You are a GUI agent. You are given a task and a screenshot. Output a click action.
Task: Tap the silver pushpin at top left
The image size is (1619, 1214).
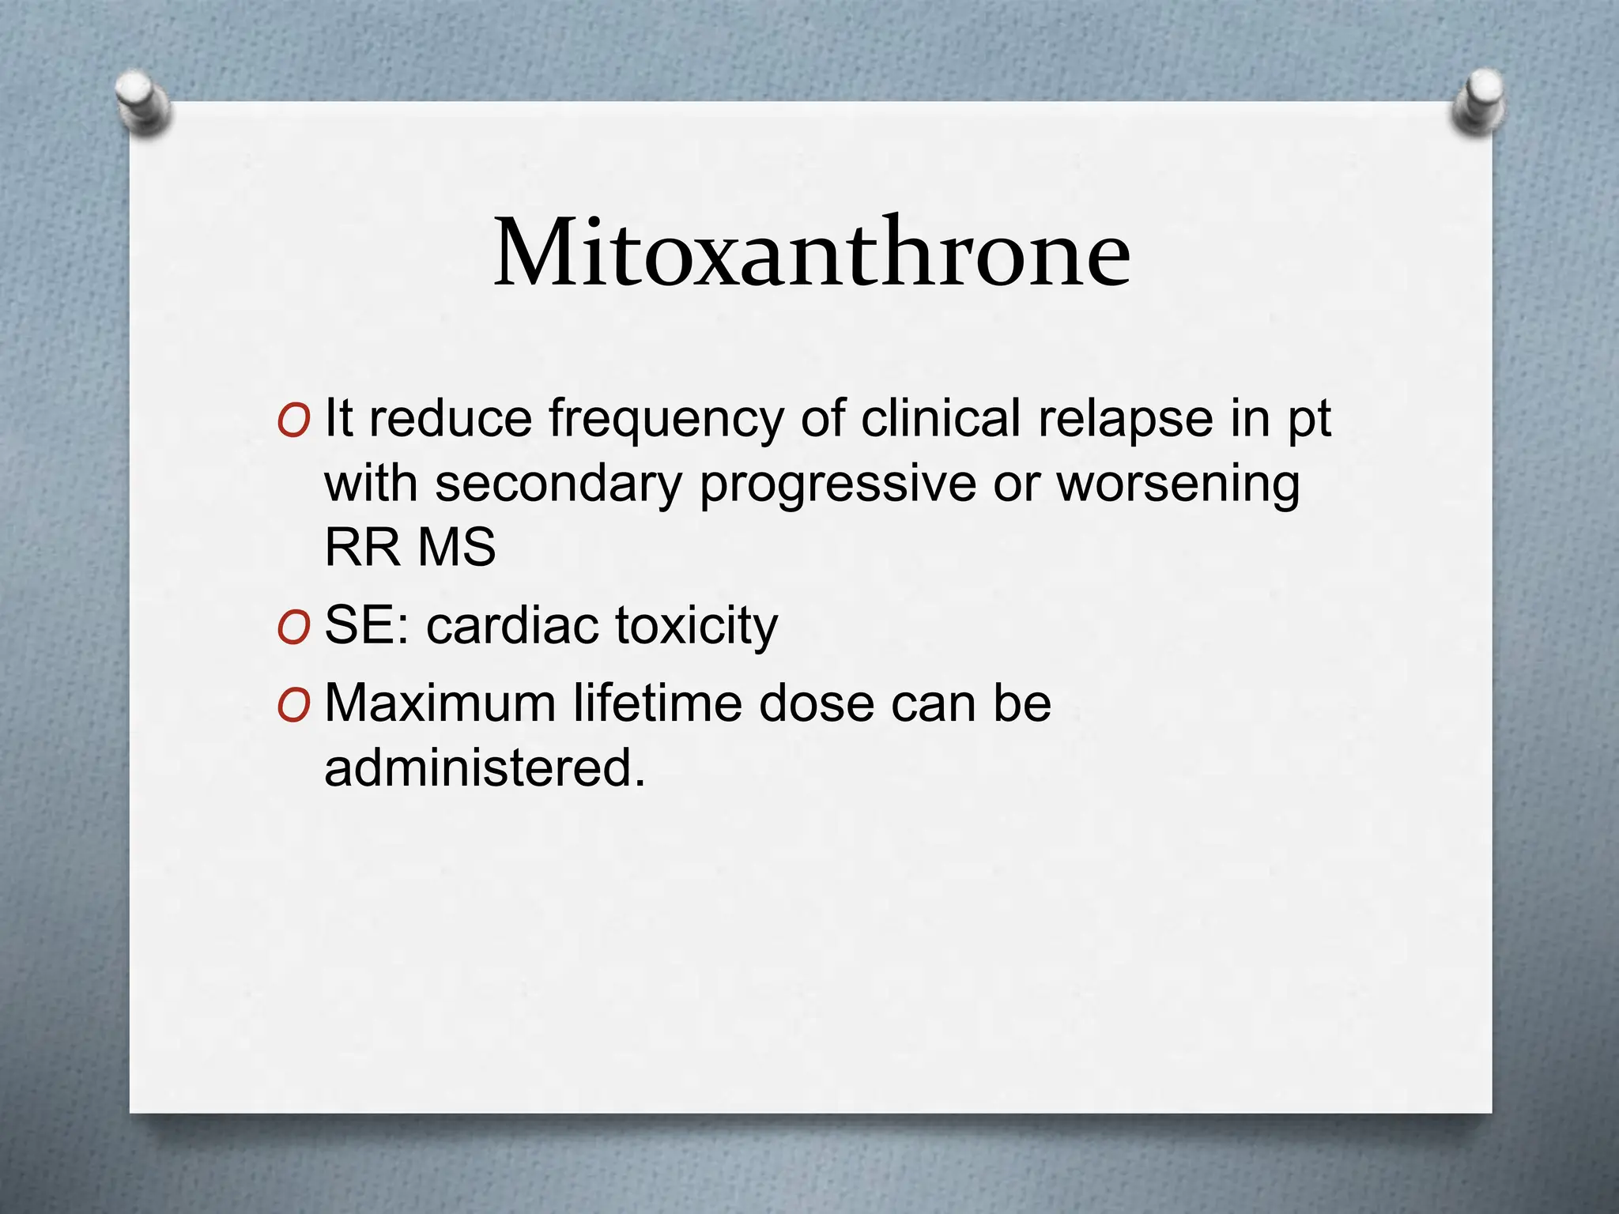(143, 102)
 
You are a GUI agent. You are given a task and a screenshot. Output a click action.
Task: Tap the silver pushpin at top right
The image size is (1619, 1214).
(1479, 101)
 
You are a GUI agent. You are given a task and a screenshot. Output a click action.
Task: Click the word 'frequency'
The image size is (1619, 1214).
(666, 420)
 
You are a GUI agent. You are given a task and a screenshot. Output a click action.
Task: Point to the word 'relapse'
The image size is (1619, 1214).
(1125, 420)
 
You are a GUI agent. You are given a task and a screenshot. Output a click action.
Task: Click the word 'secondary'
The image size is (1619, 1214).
(558, 484)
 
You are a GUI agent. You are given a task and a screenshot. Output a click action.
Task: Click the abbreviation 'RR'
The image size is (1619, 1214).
(363, 547)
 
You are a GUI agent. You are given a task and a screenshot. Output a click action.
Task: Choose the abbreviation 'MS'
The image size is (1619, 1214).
(457, 547)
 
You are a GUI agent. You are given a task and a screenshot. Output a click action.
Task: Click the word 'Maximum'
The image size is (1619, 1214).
(440, 703)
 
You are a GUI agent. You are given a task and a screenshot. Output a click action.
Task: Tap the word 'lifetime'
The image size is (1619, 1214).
(658, 703)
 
